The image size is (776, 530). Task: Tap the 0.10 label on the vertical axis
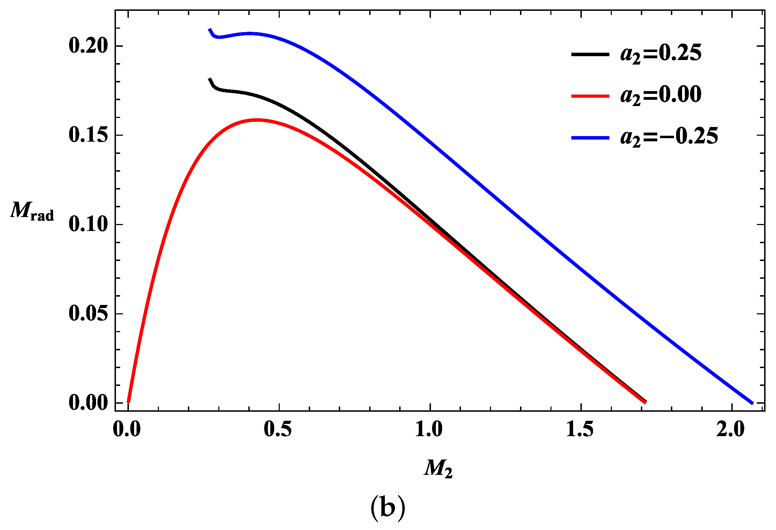pos(87,224)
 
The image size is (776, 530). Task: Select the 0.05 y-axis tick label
pos(87,314)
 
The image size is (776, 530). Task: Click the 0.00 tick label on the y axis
pos(87,403)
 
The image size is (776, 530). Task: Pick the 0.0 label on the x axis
pos(127,430)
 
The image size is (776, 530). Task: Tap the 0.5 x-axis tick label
pos(278,430)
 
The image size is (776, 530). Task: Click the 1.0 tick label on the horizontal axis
pos(429,430)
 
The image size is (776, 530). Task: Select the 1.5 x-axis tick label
pos(580,430)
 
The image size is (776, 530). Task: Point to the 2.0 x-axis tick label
pos(731,430)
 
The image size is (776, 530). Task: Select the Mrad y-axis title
pos(32,211)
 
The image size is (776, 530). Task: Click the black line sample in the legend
pos(590,54)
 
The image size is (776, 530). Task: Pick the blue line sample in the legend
pos(590,138)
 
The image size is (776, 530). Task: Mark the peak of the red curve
pos(257,120)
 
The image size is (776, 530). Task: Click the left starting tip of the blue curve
pos(210,29)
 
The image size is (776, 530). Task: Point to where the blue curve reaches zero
pos(752,403)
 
